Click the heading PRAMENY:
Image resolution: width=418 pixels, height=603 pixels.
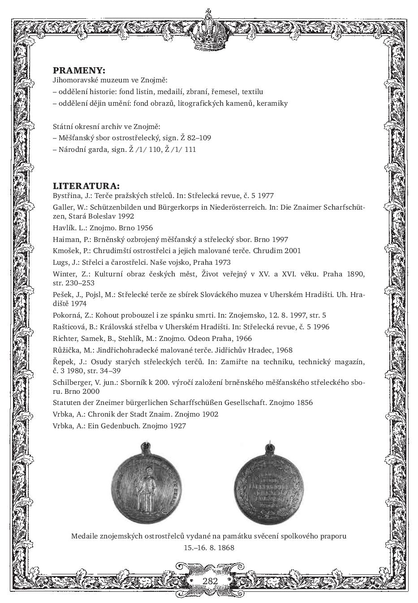(79, 70)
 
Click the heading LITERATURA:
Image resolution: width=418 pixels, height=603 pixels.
(86, 186)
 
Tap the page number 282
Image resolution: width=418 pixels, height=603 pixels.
(210, 581)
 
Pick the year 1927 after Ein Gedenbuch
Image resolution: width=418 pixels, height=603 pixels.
(178, 426)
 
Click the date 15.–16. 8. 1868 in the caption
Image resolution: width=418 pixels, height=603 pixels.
(209, 547)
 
